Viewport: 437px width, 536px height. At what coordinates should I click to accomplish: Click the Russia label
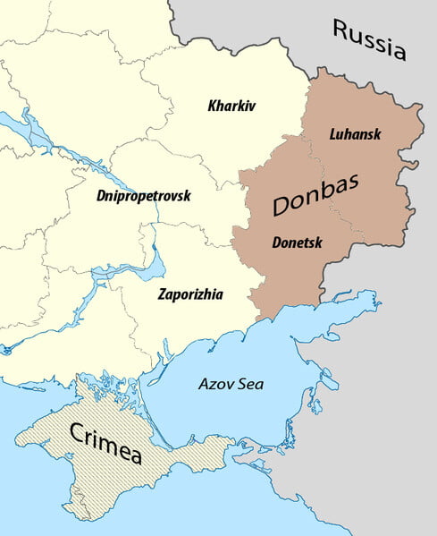369,39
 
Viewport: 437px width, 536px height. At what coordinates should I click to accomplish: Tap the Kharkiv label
231,106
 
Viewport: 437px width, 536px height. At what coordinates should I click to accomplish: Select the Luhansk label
355,134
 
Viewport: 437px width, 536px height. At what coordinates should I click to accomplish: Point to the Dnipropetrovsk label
144,195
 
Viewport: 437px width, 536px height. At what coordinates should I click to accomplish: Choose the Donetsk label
298,242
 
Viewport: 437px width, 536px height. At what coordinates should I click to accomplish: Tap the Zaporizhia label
190,294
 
